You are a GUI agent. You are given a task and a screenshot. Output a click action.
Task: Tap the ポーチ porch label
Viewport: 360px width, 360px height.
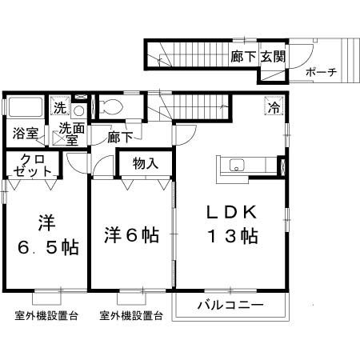(321, 72)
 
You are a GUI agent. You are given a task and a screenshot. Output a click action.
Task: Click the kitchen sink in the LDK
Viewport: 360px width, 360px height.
(237, 166)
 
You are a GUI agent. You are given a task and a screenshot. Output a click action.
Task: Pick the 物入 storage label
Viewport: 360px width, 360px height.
(145, 164)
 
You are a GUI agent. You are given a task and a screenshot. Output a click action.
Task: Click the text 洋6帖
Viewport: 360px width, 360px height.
(131, 235)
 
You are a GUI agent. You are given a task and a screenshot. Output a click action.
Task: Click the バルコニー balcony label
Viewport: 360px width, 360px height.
(230, 305)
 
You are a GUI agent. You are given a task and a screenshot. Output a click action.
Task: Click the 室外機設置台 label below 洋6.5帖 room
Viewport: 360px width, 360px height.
(46, 315)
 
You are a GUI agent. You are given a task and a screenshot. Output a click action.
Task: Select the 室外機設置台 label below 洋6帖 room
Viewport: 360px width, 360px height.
(131, 315)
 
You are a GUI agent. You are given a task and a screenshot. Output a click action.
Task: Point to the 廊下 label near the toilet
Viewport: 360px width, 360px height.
(120, 137)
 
